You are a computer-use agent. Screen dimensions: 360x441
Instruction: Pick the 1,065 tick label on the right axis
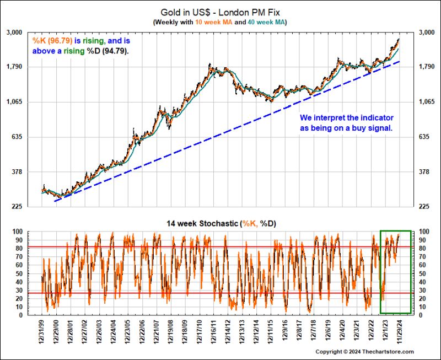[x=428, y=102]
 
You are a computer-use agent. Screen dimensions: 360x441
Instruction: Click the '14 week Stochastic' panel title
[x=199, y=223]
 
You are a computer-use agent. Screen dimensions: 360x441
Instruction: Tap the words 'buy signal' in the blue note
[x=375, y=128]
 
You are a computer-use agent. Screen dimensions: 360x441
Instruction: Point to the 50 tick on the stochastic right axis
[x=423, y=273]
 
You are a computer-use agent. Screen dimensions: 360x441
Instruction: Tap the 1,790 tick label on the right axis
[x=428, y=67]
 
